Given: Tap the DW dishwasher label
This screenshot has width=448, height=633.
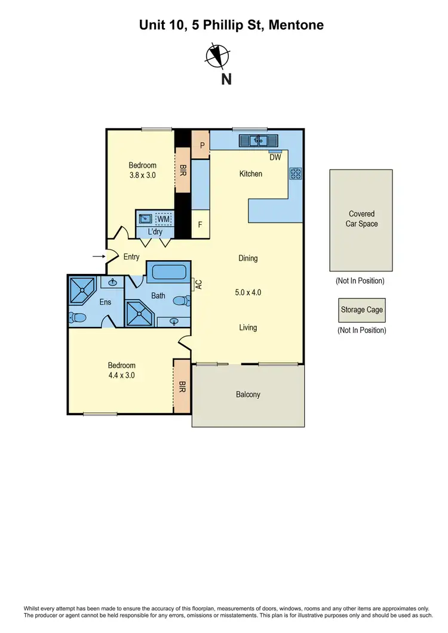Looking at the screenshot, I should (275, 158).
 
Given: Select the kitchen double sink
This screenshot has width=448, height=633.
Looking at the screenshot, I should (259, 141).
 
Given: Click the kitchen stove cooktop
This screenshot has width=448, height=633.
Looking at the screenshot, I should (295, 174).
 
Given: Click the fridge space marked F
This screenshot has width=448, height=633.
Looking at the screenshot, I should (201, 226).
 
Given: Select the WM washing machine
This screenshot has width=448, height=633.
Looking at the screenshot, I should (164, 220).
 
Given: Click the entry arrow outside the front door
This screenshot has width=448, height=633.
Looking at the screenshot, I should (97, 257).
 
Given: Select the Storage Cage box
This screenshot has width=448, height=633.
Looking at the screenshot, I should (361, 310).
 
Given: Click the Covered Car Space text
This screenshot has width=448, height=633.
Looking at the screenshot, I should (361, 219).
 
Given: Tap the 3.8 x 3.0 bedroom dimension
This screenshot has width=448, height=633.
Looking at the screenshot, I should (143, 175).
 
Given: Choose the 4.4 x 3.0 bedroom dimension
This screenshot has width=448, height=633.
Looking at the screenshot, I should (121, 375).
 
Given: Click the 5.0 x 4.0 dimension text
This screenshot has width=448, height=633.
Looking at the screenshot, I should (248, 292).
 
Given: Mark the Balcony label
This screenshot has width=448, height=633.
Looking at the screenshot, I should (248, 394).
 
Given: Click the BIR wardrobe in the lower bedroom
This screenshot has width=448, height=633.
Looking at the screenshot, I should (182, 387).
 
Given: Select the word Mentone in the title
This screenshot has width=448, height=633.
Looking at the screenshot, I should (297, 25).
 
